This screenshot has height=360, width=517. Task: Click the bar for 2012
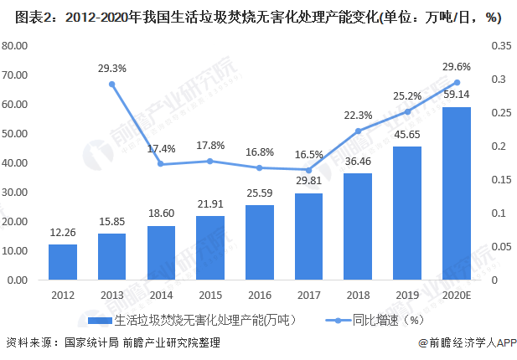click(x=63, y=262)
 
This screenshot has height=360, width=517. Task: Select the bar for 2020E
click(x=457, y=193)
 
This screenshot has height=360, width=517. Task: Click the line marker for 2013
click(x=112, y=84)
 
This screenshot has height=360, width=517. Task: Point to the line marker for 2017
click(x=309, y=170)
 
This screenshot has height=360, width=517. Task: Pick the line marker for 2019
click(x=408, y=111)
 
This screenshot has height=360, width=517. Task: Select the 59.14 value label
click(x=457, y=95)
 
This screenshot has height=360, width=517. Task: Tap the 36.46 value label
click(x=359, y=162)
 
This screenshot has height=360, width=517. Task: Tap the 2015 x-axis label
click(x=210, y=295)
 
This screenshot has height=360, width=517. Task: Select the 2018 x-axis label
click(x=359, y=295)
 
